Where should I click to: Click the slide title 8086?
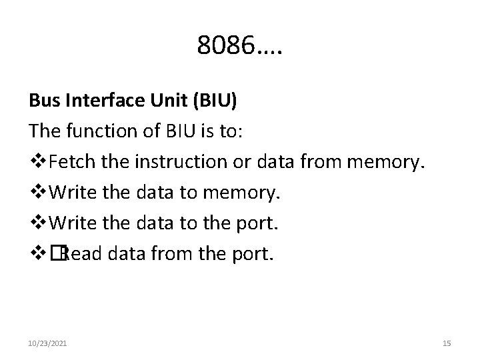(239, 45)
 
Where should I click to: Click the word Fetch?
(71, 160)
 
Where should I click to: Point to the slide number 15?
(447, 343)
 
